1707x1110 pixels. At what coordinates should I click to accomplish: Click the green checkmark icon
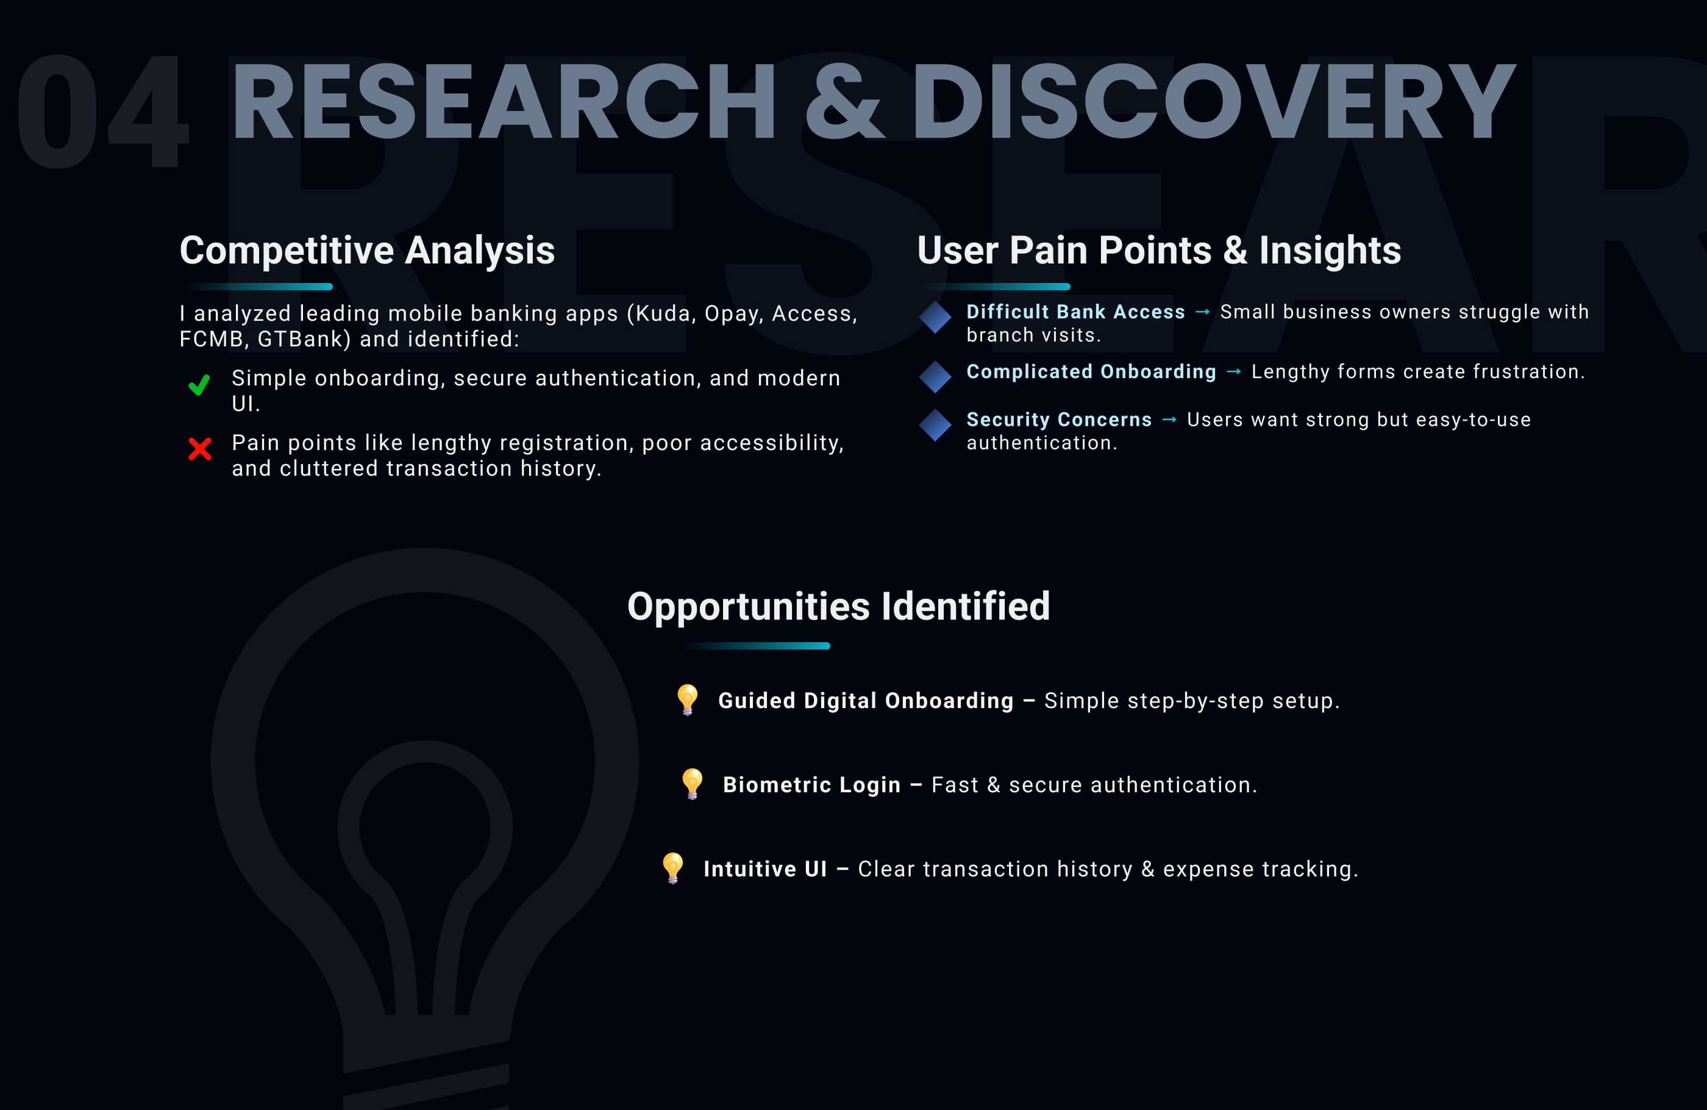pyautogui.click(x=199, y=385)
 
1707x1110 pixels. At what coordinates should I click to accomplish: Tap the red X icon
pyautogui.click(x=199, y=449)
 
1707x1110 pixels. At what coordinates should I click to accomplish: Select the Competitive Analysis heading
pyautogui.click(x=367, y=251)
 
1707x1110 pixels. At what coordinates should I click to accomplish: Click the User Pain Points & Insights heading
pyautogui.click(x=1159, y=251)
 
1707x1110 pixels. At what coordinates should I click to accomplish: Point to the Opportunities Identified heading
pyautogui.click(x=838, y=607)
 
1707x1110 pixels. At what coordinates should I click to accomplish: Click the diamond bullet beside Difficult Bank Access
pyautogui.click(x=935, y=317)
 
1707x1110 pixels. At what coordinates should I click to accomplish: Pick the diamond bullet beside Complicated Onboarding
pyautogui.click(x=935, y=377)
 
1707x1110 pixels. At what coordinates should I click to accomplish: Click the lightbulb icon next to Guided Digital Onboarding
pyautogui.click(x=687, y=700)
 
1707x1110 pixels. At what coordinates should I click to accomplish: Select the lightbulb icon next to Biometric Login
pyautogui.click(x=692, y=784)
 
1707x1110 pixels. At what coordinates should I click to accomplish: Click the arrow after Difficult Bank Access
pyautogui.click(x=1203, y=312)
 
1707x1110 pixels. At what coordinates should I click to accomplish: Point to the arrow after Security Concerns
pyautogui.click(x=1169, y=420)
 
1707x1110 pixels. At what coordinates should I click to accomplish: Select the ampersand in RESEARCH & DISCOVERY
pyautogui.click(x=844, y=101)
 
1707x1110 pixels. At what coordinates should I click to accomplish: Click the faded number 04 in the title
pyautogui.click(x=102, y=110)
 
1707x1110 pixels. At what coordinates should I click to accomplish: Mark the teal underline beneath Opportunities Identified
pyautogui.click(x=757, y=646)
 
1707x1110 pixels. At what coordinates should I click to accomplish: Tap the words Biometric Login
pyautogui.click(x=812, y=785)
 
